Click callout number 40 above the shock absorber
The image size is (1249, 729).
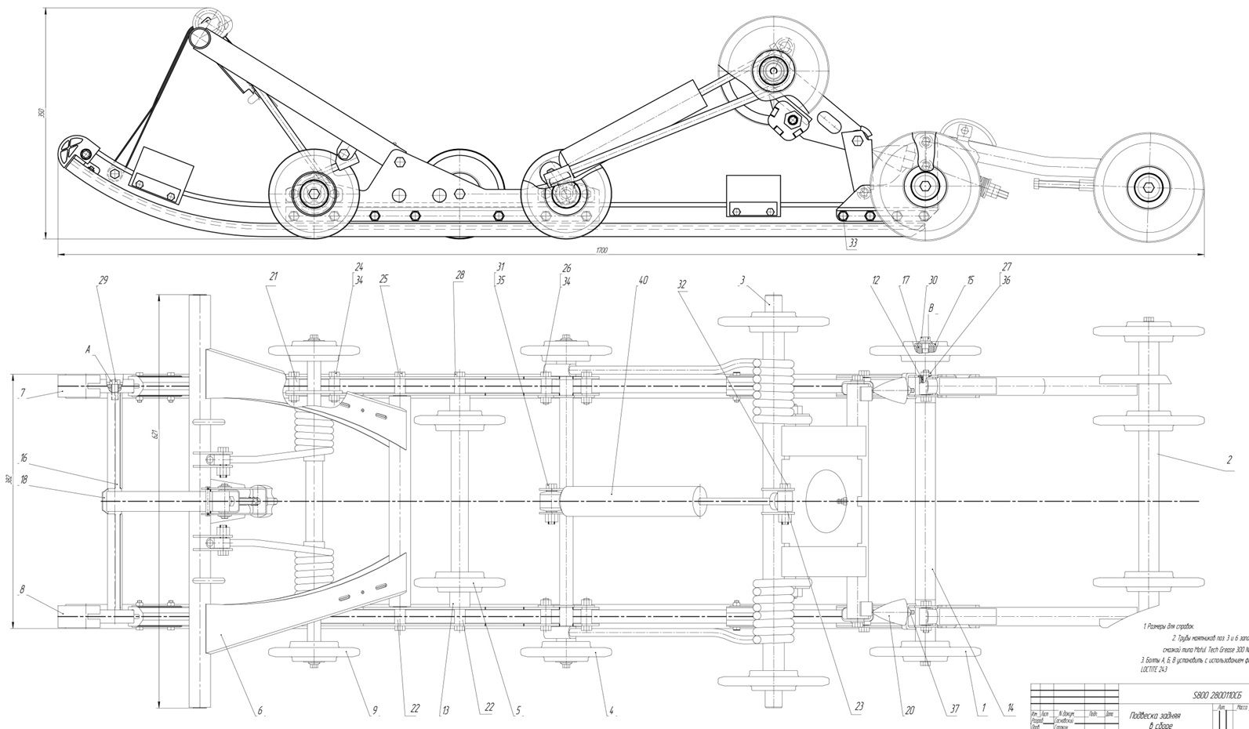[643, 280]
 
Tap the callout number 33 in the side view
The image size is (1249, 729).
[852, 243]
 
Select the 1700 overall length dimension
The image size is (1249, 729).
[601, 250]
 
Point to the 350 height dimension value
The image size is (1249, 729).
[42, 113]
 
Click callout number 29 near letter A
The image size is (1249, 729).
[103, 280]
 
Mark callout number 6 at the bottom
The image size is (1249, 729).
[260, 712]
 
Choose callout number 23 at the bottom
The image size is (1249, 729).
[859, 707]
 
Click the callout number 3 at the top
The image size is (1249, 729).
[742, 280]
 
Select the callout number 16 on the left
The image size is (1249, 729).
[24, 458]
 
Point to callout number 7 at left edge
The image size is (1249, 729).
[24, 392]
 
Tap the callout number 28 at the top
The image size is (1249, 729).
[460, 275]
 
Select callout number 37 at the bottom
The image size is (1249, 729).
[954, 709]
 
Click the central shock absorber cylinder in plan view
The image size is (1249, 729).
[631, 501]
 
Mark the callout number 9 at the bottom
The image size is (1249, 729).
[375, 711]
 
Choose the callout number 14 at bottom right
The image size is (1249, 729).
[1011, 709]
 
